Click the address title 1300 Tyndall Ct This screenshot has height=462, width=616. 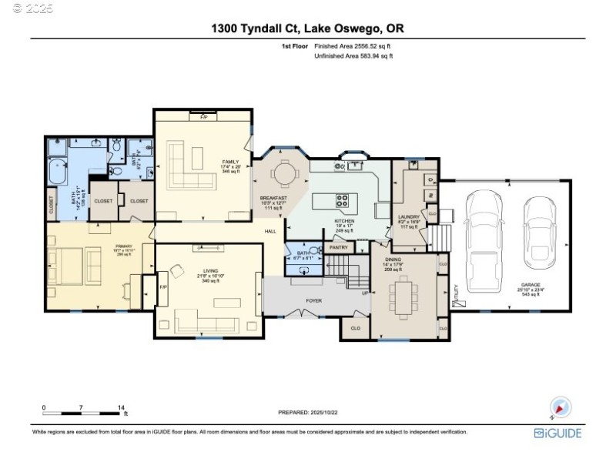pyautogui.click(x=308, y=28)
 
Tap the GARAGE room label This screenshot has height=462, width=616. pyautogui.click(x=510, y=286)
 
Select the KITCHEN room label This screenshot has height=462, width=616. pyautogui.click(x=343, y=221)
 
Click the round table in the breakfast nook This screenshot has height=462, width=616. pyautogui.click(x=286, y=175)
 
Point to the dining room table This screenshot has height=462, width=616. pyautogui.click(x=404, y=296)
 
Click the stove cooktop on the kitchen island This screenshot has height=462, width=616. pyautogui.click(x=343, y=202)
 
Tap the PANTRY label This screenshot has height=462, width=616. pyautogui.click(x=339, y=247)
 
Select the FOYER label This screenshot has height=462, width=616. pyautogui.click(x=313, y=301)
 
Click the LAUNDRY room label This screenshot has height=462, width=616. pyautogui.click(x=408, y=218)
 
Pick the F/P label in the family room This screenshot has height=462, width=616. pyautogui.click(x=204, y=116)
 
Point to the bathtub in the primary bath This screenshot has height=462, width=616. pyautogui.click(x=59, y=170)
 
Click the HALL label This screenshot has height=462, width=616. pyautogui.click(x=270, y=231)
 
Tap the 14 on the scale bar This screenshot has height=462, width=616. pyautogui.click(x=121, y=407)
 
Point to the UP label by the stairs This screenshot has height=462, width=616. pyautogui.click(x=365, y=293)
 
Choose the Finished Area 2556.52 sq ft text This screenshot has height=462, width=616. pyautogui.click(x=357, y=46)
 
